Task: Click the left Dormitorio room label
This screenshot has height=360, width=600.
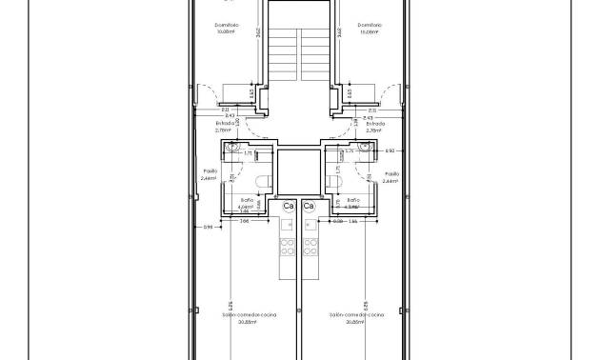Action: coord(226,25)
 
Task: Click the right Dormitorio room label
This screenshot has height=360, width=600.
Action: coord(370,25)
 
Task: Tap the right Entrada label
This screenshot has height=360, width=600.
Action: coord(375,123)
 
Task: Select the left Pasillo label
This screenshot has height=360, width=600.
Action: coord(210,173)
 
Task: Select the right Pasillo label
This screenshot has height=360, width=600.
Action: coord(390,173)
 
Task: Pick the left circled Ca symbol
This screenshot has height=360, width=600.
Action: coord(288,206)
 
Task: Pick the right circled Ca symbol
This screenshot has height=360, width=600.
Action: coord(309,206)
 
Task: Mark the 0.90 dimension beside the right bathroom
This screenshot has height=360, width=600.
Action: coord(389,150)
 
